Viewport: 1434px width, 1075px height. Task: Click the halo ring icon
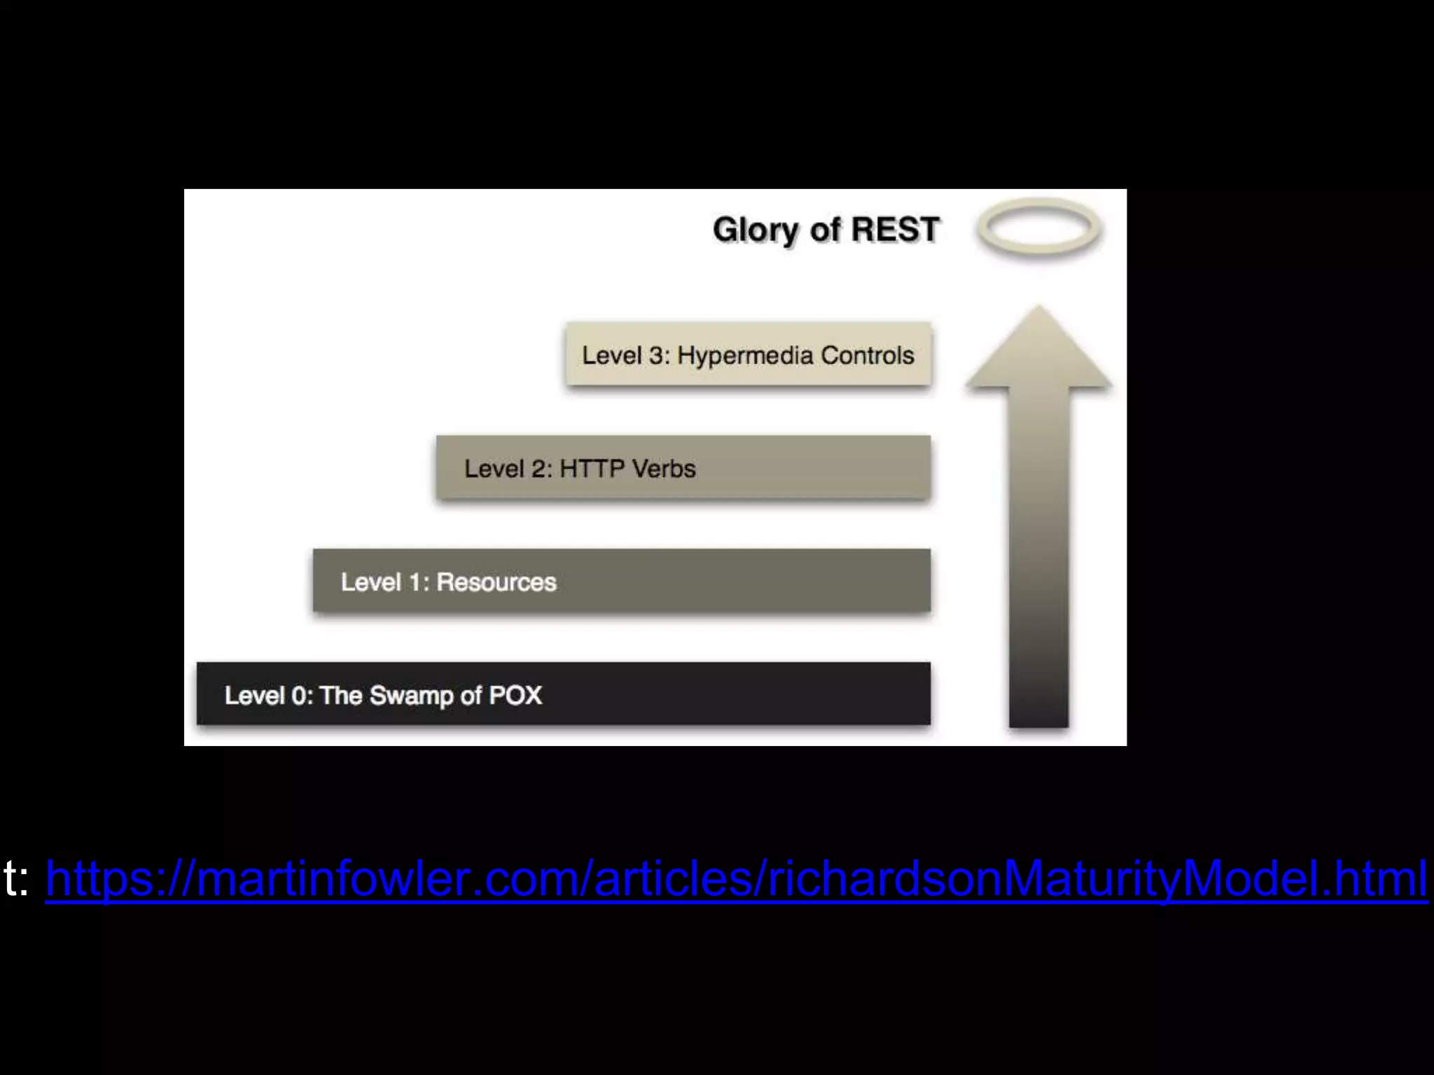(x=1039, y=228)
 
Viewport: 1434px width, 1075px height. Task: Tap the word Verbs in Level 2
(x=664, y=468)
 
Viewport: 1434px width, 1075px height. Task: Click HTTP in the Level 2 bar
(x=592, y=468)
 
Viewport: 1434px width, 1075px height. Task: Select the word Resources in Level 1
(x=496, y=582)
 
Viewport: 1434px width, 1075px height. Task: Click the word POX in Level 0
(x=515, y=696)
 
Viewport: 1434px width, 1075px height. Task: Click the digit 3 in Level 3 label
(x=656, y=356)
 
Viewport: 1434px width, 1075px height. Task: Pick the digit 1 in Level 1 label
(x=416, y=582)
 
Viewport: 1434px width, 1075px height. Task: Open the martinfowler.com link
(x=735, y=878)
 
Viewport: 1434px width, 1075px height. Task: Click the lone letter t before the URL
(x=10, y=878)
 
